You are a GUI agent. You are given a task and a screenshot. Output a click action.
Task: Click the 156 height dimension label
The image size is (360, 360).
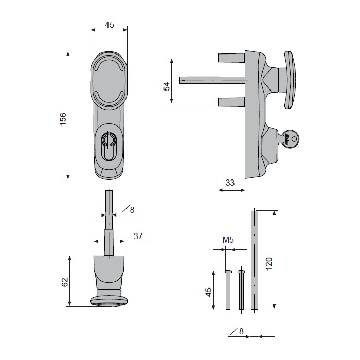[x=63, y=119]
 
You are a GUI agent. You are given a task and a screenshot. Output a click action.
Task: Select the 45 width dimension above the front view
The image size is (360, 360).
[x=109, y=25]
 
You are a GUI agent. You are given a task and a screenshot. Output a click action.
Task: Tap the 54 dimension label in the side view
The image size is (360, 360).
[x=167, y=86]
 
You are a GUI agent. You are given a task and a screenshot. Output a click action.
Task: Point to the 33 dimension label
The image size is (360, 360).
[x=230, y=183]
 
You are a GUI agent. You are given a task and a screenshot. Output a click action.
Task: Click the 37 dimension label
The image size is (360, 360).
[x=138, y=236]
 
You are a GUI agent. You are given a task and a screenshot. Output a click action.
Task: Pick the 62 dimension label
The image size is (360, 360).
[x=65, y=282]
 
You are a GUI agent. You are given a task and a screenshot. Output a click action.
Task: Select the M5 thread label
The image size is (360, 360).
[x=228, y=240]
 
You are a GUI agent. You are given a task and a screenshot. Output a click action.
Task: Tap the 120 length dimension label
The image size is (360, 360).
[x=269, y=264]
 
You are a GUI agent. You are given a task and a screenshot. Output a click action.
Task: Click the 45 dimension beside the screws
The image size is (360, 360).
[x=208, y=292]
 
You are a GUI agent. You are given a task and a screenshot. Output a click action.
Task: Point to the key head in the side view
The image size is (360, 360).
[x=290, y=139]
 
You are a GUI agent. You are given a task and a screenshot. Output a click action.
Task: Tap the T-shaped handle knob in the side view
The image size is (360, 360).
[x=290, y=80]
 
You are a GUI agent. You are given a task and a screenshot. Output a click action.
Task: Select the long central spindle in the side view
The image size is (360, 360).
[x=212, y=80]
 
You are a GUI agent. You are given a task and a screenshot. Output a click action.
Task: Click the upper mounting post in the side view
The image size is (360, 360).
[x=231, y=58]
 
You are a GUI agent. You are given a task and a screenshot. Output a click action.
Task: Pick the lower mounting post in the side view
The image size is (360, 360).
[x=231, y=102]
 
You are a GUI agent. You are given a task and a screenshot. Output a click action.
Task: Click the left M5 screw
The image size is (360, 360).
[x=228, y=290]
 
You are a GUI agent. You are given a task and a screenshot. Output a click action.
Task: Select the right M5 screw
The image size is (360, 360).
[x=241, y=290]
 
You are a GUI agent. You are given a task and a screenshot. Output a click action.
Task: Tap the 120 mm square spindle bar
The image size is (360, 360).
[x=255, y=260]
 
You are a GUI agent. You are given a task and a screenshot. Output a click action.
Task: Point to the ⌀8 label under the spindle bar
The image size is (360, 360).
[x=237, y=331]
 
